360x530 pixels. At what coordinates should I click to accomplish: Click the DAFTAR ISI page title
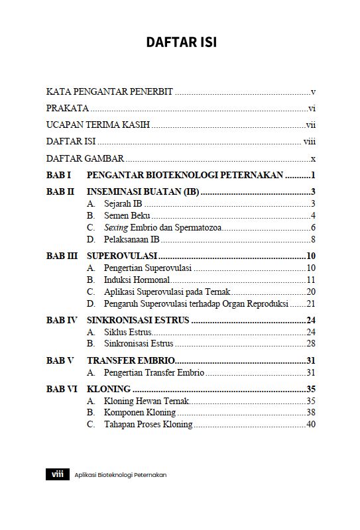(181, 42)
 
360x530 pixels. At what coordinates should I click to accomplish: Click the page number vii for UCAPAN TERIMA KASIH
(310, 125)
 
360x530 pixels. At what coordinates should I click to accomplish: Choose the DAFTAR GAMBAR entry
(86, 159)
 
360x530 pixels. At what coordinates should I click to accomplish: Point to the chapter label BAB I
(58, 176)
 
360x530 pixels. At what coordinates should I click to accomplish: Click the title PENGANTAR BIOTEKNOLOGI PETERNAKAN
(185, 176)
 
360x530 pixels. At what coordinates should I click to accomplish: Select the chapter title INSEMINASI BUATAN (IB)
(143, 192)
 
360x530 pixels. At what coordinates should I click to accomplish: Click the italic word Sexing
(115, 227)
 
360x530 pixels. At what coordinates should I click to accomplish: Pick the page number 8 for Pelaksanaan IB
(312, 239)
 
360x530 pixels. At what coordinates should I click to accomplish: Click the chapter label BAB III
(62, 256)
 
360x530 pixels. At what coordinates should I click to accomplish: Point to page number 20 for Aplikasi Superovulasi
(310, 291)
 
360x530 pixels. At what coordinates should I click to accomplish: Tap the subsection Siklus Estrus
(128, 332)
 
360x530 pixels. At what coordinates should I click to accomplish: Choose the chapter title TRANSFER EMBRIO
(131, 360)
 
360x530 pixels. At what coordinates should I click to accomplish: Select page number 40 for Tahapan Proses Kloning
(310, 424)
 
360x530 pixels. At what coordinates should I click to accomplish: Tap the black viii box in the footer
(57, 474)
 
